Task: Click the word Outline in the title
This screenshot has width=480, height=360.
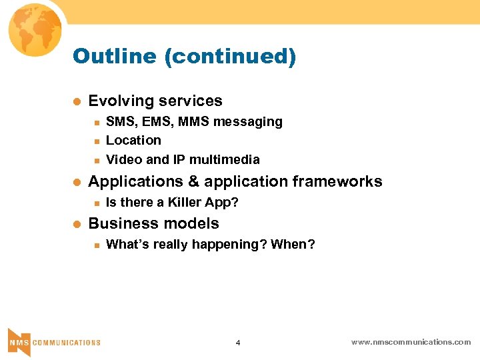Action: tap(115, 56)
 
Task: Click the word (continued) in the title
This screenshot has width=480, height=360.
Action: tap(231, 57)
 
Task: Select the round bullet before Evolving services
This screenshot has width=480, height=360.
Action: tap(76, 101)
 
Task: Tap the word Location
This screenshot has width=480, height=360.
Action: tap(133, 141)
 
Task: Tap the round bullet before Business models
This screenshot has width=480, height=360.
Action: tap(76, 223)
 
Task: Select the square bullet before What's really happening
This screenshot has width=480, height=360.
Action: tap(96, 245)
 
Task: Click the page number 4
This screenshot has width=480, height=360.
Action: tap(238, 343)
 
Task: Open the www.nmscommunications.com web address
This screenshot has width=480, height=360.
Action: tap(411, 342)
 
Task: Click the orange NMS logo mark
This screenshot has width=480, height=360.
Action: tap(19, 341)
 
